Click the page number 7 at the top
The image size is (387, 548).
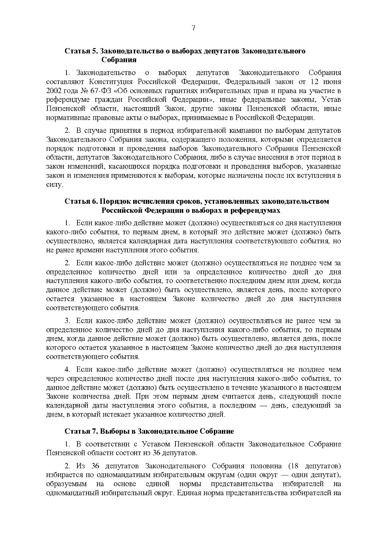193,28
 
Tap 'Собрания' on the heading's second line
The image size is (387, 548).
119,60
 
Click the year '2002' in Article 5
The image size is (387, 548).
54,91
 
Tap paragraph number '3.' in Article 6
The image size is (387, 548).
67,321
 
